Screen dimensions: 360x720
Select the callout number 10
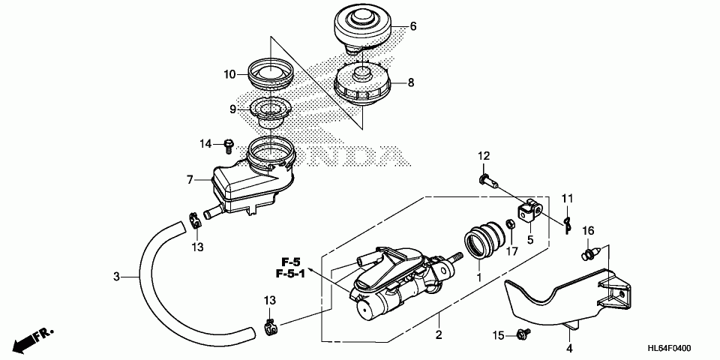coord(229,74)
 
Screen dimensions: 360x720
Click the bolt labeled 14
coord(228,143)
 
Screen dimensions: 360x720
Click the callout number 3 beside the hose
coord(116,277)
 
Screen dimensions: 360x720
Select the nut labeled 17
coord(509,224)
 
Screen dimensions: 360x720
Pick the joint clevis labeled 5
coord(532,210)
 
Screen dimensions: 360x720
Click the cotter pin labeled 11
coord(568,223)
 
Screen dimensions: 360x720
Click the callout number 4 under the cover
coord(568,348)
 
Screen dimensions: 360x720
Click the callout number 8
coord(410,83)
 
